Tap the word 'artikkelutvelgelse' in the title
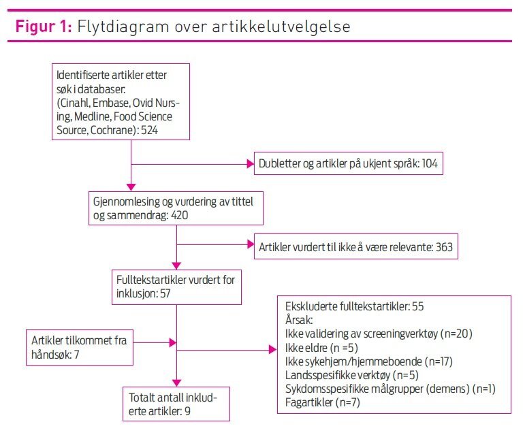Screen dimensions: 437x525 tap(283, 28)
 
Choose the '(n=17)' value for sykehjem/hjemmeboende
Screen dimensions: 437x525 tap(437, 361)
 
